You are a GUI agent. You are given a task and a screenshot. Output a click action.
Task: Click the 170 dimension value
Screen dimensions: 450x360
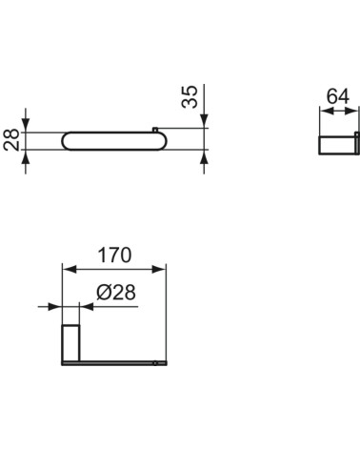113,256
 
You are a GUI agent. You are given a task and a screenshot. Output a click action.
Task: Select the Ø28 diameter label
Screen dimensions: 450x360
114,297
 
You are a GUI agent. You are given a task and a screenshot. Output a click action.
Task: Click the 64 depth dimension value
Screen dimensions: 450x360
337,96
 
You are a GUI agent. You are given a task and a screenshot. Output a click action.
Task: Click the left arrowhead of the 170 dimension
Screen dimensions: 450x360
66,269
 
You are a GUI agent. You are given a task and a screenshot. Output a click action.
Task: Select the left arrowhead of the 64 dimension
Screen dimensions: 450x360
322,110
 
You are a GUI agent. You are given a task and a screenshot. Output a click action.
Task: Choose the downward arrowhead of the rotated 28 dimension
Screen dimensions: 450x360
27,126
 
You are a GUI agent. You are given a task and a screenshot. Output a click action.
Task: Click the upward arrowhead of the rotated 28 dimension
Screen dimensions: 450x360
27,157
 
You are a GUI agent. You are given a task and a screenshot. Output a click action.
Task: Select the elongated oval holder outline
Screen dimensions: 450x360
114,142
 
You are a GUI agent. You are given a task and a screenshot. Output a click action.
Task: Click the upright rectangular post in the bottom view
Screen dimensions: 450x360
70,342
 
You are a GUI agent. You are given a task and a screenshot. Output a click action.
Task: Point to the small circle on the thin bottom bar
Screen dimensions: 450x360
154,362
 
